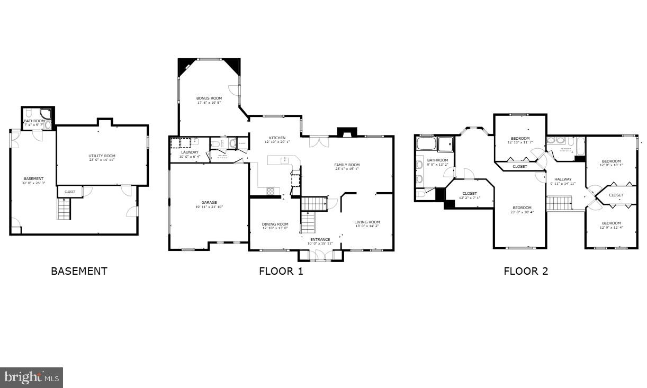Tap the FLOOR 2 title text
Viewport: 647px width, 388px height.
525,272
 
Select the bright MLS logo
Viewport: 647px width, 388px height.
31,377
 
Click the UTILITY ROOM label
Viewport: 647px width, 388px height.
102,156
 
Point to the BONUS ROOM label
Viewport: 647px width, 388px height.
209,98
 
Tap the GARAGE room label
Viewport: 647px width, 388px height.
209,203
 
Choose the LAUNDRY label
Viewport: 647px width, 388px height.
189,152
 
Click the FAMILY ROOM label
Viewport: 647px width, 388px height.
347,165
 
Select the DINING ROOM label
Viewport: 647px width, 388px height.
275,224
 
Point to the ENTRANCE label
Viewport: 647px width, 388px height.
320,240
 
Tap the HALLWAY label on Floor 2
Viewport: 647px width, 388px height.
562,179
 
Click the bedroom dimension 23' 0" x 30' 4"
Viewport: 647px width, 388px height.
522,212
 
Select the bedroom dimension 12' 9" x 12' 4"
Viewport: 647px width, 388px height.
611,228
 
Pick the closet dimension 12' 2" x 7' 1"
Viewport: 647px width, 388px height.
469,198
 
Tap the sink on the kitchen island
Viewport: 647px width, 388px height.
284,159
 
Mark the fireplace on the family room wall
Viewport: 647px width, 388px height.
344,132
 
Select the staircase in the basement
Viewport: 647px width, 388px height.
64,209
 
